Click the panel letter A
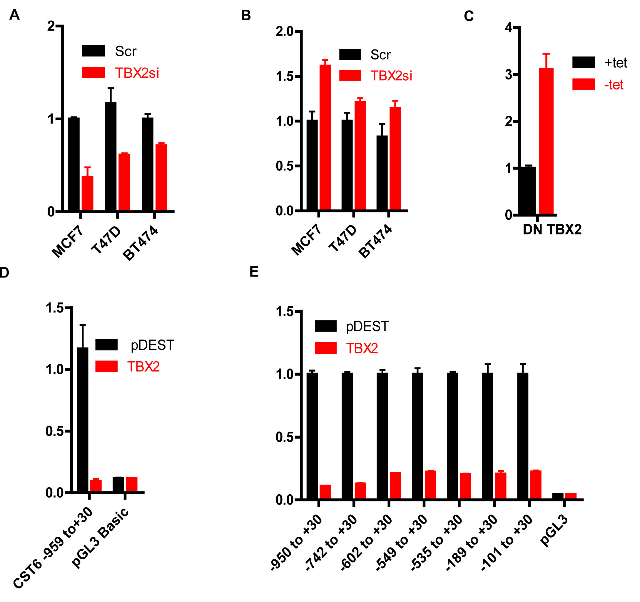14,15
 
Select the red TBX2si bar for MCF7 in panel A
87,193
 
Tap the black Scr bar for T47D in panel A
111,157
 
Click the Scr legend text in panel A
126,51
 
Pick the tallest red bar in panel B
325,138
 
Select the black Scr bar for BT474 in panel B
382,173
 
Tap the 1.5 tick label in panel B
285,77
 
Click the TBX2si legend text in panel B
391,76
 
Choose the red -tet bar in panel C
546,141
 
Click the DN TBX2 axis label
552,230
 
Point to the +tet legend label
616,62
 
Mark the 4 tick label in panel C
509,28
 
